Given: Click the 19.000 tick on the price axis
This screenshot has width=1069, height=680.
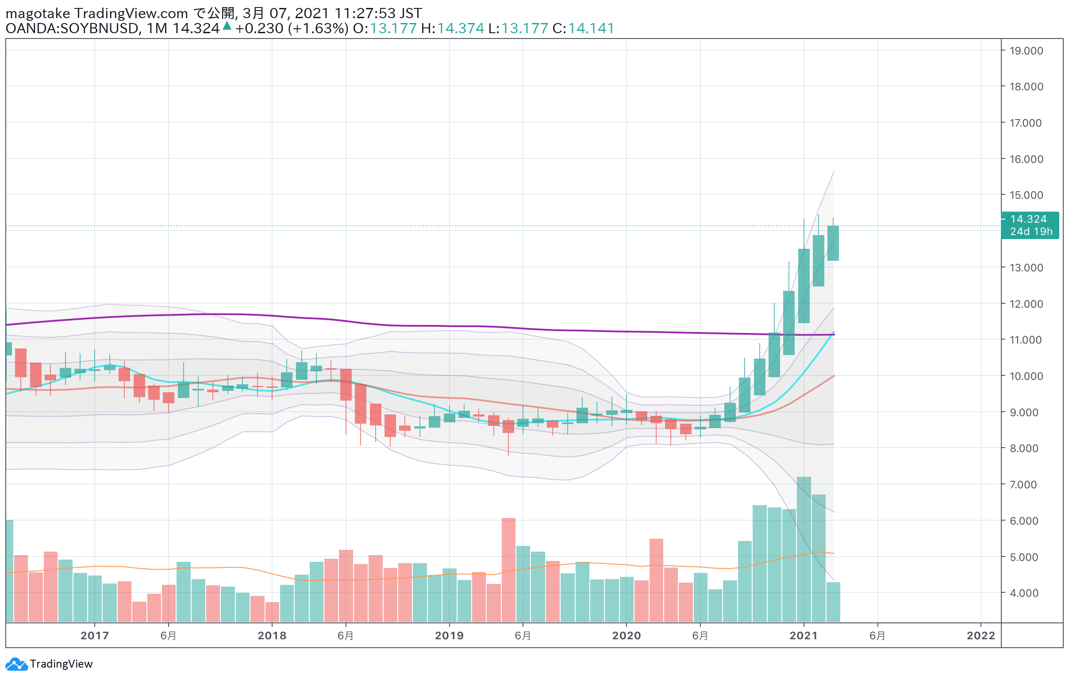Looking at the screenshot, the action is click(1026, 50).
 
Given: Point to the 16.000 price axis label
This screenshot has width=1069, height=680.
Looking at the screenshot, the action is click(1026, 159).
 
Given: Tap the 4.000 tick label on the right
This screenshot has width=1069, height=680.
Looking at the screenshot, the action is click(1024, 593).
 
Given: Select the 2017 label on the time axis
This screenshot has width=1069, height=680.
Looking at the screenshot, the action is click(95, 636).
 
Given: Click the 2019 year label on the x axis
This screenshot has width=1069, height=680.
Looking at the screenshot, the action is click(449, 636).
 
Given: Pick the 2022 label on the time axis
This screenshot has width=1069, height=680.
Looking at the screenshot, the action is click(981, 636).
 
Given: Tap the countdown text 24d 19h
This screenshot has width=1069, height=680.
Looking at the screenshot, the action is click(1031, 232).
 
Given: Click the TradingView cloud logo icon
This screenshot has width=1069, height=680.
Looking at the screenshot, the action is click(16, 664).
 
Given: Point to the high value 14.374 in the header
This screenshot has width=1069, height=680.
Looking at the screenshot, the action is click(460, 28).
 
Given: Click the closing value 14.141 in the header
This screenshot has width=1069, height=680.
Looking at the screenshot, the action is click(591, 28).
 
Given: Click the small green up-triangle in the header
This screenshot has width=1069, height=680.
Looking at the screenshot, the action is click(227, 26).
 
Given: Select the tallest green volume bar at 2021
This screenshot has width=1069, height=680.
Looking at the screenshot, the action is click(804, 549).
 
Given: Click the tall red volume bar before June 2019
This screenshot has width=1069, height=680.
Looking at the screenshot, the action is click(508, 570).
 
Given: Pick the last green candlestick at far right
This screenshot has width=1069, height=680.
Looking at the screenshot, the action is click(833, 243).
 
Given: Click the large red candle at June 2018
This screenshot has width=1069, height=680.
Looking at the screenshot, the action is click(346, 385).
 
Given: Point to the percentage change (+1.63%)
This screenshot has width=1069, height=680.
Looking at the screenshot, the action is click(318, 28).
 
